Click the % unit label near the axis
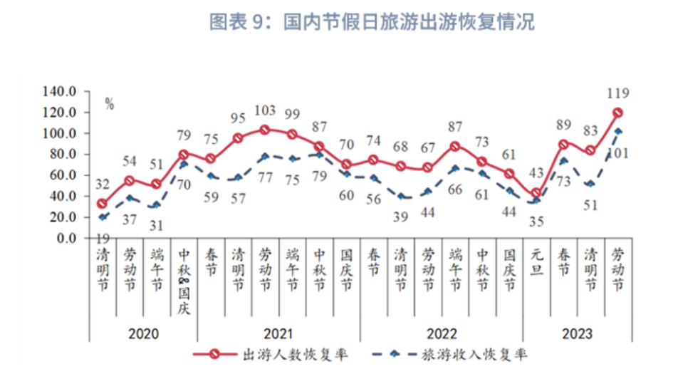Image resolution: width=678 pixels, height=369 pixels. click(x=109, y=104)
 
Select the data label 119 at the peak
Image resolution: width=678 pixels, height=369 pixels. click(x=617, y=92)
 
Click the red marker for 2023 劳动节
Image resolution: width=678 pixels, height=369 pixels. click(x=617, y=113)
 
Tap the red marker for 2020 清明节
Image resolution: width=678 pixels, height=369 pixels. click(x=102, y=204)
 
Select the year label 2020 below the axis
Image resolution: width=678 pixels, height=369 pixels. click(x=142, y=333)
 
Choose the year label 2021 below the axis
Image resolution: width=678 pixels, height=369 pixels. click(x=278, y=333)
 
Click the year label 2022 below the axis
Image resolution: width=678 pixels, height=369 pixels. click(x=441, y=333)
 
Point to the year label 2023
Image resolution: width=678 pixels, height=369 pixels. click(x=577, y=333)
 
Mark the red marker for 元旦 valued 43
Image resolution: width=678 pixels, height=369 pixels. click(x=536, y=192)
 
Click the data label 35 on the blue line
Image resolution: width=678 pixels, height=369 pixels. click(x=536, y=221)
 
